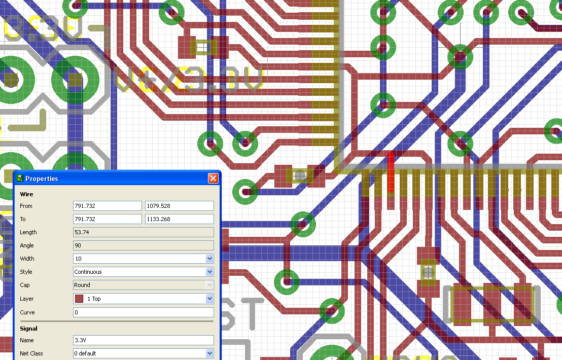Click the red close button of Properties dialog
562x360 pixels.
click(213, 178)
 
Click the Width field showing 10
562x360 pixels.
click(139, 259)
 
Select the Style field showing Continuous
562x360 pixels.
click(139, 272)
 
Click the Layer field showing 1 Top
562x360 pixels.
click(139, 299)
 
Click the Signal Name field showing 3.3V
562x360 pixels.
click(143, 340)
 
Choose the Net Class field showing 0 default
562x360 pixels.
click(139, 353)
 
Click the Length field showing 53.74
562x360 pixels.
click(143, 232)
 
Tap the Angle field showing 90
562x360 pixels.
click(143, 245)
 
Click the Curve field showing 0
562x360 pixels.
click(143, 312)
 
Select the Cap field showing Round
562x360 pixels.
click(139, 285)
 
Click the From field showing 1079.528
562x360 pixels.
click(179, 206)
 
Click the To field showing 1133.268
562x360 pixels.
click(179, 219)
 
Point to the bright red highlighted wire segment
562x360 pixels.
click(391, 172)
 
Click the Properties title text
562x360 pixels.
click(42, 178)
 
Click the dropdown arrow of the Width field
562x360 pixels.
click(209, 259)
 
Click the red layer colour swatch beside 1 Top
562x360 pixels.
click(79, 299)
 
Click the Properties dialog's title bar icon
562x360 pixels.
click(20, 178)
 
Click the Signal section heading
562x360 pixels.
click(28, 329)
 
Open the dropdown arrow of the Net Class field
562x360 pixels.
click(209, 353)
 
